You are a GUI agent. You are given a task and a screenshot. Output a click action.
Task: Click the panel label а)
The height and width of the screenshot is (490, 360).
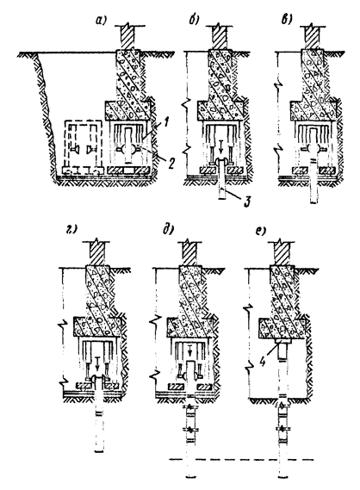point(101,21)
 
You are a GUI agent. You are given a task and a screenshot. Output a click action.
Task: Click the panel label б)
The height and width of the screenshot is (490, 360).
point(195,21)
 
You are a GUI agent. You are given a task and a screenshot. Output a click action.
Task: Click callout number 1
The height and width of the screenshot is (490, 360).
point(166,123)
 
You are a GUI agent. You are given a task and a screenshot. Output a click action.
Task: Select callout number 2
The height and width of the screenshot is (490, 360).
point(170,163)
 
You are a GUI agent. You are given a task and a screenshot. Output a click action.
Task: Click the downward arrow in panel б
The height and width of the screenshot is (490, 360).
point(221,150)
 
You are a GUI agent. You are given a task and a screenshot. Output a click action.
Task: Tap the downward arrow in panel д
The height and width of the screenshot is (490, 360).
point(189,350)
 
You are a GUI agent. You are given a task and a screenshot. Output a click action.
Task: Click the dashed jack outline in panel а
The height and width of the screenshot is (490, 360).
point(83,147)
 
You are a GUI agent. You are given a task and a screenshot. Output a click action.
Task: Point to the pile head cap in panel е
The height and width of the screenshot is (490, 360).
point(282,341)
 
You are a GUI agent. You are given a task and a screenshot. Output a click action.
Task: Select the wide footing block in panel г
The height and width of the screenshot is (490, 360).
point(96,327)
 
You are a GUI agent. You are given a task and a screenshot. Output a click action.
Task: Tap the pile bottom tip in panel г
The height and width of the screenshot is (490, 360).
point(99,451)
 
